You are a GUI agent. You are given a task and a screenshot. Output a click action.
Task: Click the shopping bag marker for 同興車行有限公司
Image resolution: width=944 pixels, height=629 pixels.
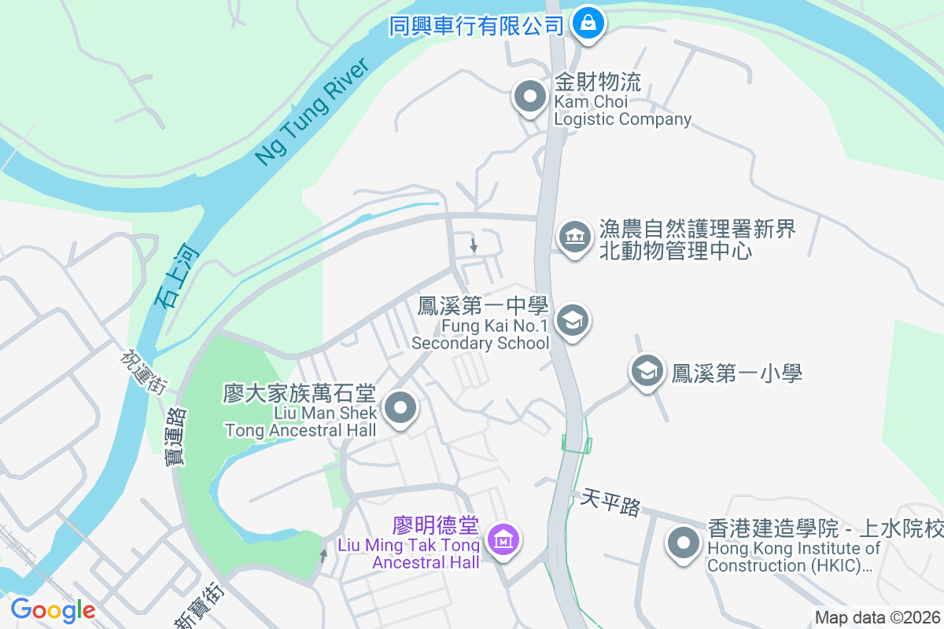coord(588,24)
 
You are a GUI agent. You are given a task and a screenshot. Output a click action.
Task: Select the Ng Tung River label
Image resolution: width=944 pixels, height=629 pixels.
coord(312,111)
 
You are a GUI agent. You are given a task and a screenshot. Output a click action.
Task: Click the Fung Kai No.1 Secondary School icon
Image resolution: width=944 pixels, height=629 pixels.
coord(573,321)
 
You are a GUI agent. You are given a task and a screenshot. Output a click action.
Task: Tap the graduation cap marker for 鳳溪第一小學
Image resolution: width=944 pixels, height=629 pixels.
coord(647,371)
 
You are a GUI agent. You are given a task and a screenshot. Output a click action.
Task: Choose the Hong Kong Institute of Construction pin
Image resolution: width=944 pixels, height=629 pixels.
coord(684,543)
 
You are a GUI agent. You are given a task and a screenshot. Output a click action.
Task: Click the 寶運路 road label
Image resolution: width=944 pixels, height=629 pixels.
coord(177,436)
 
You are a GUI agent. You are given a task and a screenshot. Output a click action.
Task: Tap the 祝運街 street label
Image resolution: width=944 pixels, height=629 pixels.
coord(143,371)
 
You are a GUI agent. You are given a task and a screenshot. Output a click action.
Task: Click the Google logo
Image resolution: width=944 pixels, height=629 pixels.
coord(53,610)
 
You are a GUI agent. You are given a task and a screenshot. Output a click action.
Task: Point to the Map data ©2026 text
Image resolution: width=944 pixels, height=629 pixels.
coord(876,618)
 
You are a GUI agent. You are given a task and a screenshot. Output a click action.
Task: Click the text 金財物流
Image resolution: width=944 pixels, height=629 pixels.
coord(598,82)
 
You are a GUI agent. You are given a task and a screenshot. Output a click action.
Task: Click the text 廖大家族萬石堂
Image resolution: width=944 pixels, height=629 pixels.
coord(300,393)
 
